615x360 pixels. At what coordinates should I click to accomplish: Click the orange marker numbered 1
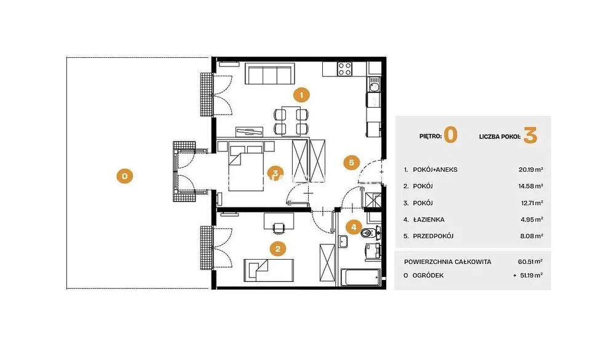tap(301, 95)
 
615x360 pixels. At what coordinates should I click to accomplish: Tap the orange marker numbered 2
tap(278, 249)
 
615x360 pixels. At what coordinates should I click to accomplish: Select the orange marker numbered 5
tap(351, 162)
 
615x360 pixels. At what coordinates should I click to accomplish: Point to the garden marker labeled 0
tap(125, 176)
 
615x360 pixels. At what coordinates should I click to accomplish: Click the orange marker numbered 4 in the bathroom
tap(354, 227)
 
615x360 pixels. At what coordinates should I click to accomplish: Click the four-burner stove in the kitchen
tap(345, 69)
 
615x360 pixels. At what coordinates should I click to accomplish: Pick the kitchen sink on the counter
tap(374, 85)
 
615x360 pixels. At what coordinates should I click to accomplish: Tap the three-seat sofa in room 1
tap(270, 73)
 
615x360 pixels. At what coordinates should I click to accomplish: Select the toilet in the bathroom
tap(370, 233)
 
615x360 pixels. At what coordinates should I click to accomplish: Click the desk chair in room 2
tap(279, 228)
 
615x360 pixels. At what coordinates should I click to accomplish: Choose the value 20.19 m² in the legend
tap(531, 170)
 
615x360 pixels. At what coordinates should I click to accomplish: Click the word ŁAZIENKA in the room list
tap(429, 220)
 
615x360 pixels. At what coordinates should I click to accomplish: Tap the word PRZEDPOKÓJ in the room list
tap(433, 236)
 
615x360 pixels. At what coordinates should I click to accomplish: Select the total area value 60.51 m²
tap(530, 262)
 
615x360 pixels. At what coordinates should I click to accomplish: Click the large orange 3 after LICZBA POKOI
tap(530, 135)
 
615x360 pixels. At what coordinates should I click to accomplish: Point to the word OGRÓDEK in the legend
tap(428, 276)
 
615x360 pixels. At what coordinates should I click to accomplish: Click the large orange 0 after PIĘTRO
tap(451, 135)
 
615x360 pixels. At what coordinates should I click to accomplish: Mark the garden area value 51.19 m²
tap(531, 276)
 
